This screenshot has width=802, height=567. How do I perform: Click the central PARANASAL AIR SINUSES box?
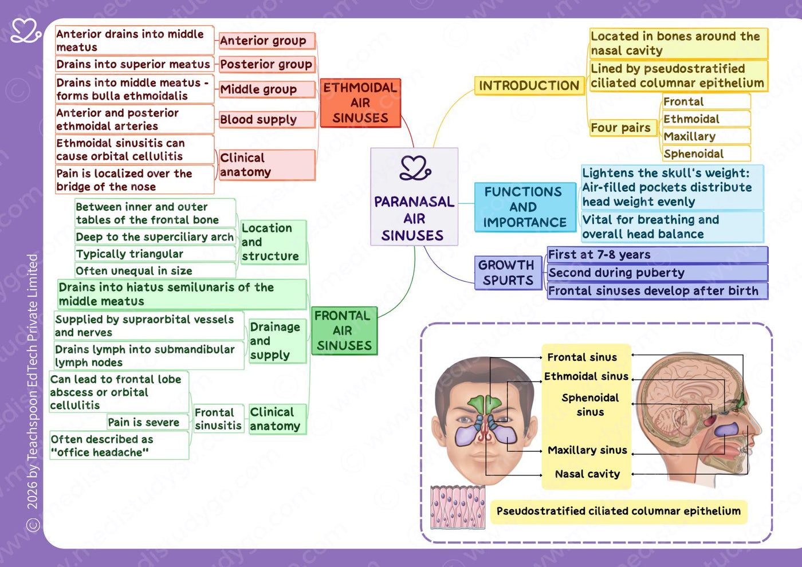pyautogui.click(x=414, y=196)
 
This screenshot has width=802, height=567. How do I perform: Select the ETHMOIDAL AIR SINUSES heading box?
pyautogui.click(x=360, y=103)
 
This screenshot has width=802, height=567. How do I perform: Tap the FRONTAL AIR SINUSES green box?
pyautogui.click(x=344, y=330)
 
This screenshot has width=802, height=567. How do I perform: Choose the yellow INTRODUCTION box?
pyautogui.click(x=529, y=85)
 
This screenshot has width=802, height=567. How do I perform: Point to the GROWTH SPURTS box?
pyautogui.click(x=508, y=273)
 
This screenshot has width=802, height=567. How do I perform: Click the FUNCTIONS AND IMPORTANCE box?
pyautogui.click(x=525, y=207)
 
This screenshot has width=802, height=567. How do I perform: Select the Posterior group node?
pyautogui.click(x=267, y=64)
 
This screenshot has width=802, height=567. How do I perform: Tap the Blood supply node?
pyautogui.click(x=267, y=120)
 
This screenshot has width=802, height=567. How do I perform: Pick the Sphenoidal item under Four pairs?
pyautogui.click(x=706, y=153)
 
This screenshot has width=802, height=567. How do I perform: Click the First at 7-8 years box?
pyautogui.click(x=658, y=254)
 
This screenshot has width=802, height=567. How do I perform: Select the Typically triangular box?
pyautogui.click(x=155, y=254)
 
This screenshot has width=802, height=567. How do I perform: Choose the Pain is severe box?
pyautogui.click(x=148, y=422)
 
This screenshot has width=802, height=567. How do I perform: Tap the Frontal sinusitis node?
pyautogui.click(x=218, y=419)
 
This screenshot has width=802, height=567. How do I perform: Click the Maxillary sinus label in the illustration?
pyautogui.click(x=587, y=450)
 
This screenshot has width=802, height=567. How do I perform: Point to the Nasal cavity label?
pyautogui.click(x=587, y=474)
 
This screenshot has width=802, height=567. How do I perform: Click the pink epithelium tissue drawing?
pyautogui.click(x=458, y=507)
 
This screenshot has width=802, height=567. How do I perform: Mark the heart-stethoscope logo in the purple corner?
pyautogui.click(x=26, y=31)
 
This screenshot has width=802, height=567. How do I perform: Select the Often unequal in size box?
pyautogui.click(x=155, y=270)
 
